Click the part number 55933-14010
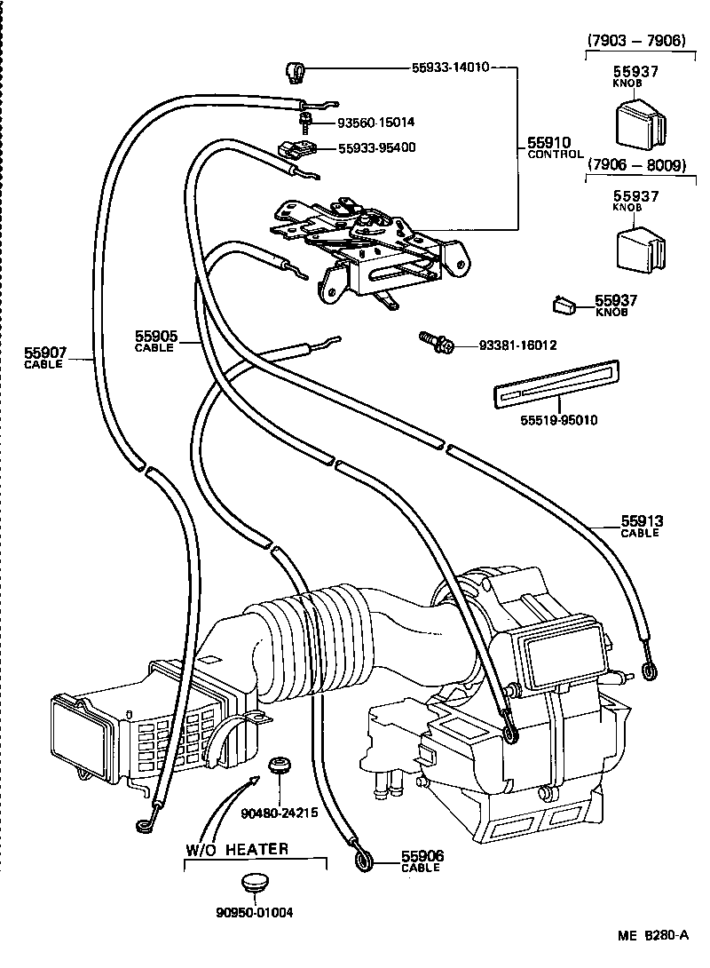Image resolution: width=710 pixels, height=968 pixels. click(x=450, y=67)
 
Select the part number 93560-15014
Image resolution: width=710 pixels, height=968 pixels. click(x=375, y=122)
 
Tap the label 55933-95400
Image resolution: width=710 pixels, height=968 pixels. click(x=376, y=147)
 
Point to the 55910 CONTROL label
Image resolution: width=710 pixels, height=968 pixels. click(x=556, y=147)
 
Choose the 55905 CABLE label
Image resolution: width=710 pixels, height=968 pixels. click(x=156, y=341)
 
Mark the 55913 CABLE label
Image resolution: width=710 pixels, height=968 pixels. click(x=642, y=526)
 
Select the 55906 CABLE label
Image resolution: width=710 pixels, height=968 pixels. click(x=422, y=861)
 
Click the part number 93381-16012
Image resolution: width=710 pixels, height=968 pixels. click(x=505, y=345)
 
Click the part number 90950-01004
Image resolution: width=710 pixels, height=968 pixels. click(x=254, y=912)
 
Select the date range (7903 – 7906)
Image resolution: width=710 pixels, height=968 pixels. click(x=636, y=41)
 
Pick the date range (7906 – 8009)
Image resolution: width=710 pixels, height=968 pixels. click(x=636, y=165)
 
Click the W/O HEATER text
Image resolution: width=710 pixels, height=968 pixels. click(x=237, y=849)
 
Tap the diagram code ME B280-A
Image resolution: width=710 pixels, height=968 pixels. click(x=654, y=935)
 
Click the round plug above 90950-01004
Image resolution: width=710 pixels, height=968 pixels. click(x=254, y=885)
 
